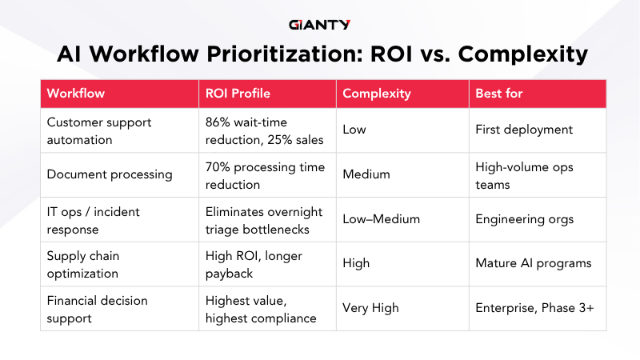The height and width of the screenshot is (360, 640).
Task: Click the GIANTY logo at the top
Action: coord(319,24)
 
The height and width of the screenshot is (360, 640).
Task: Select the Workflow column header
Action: coord(76,94)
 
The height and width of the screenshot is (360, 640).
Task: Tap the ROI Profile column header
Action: coord(238,94)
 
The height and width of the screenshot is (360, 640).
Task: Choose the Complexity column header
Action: coord(376,94)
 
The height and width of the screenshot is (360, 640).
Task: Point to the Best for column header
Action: coord(498,94)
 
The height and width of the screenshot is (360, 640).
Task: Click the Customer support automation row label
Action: coord(99,130)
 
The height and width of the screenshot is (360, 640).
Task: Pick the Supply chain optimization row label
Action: coord(94,263)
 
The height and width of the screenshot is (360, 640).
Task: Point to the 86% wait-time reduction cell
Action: coord(264,130)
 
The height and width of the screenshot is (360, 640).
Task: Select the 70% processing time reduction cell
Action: coord(265,174)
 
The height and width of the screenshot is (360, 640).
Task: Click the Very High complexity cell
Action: coord(370,308)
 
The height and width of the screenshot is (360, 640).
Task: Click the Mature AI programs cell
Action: coord(534,263)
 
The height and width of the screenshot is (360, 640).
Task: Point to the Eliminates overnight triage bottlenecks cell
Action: coord(264,218)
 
